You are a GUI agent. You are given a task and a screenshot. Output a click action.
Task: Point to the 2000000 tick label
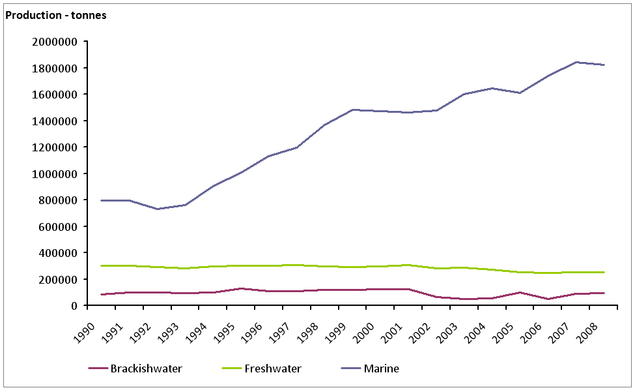(55, 42)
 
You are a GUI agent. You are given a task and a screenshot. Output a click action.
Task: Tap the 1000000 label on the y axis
(55, 173)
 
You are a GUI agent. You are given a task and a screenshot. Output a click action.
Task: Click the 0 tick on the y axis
(75, 306)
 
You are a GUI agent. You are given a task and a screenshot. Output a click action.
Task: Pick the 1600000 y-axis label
(55, 95)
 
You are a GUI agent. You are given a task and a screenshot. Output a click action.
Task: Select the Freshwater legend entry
(273, 369)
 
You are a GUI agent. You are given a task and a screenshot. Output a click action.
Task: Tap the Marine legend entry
(381, 369)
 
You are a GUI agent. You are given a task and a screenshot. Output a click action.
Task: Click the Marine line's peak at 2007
(576, 62)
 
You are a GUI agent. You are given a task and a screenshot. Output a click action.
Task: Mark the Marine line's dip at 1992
(157, 209)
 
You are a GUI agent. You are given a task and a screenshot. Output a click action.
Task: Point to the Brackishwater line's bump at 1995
(241, 288)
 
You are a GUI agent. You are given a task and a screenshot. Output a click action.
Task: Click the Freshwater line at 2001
(408, 265)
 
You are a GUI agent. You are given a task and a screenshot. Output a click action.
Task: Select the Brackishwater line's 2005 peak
(520, 292)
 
